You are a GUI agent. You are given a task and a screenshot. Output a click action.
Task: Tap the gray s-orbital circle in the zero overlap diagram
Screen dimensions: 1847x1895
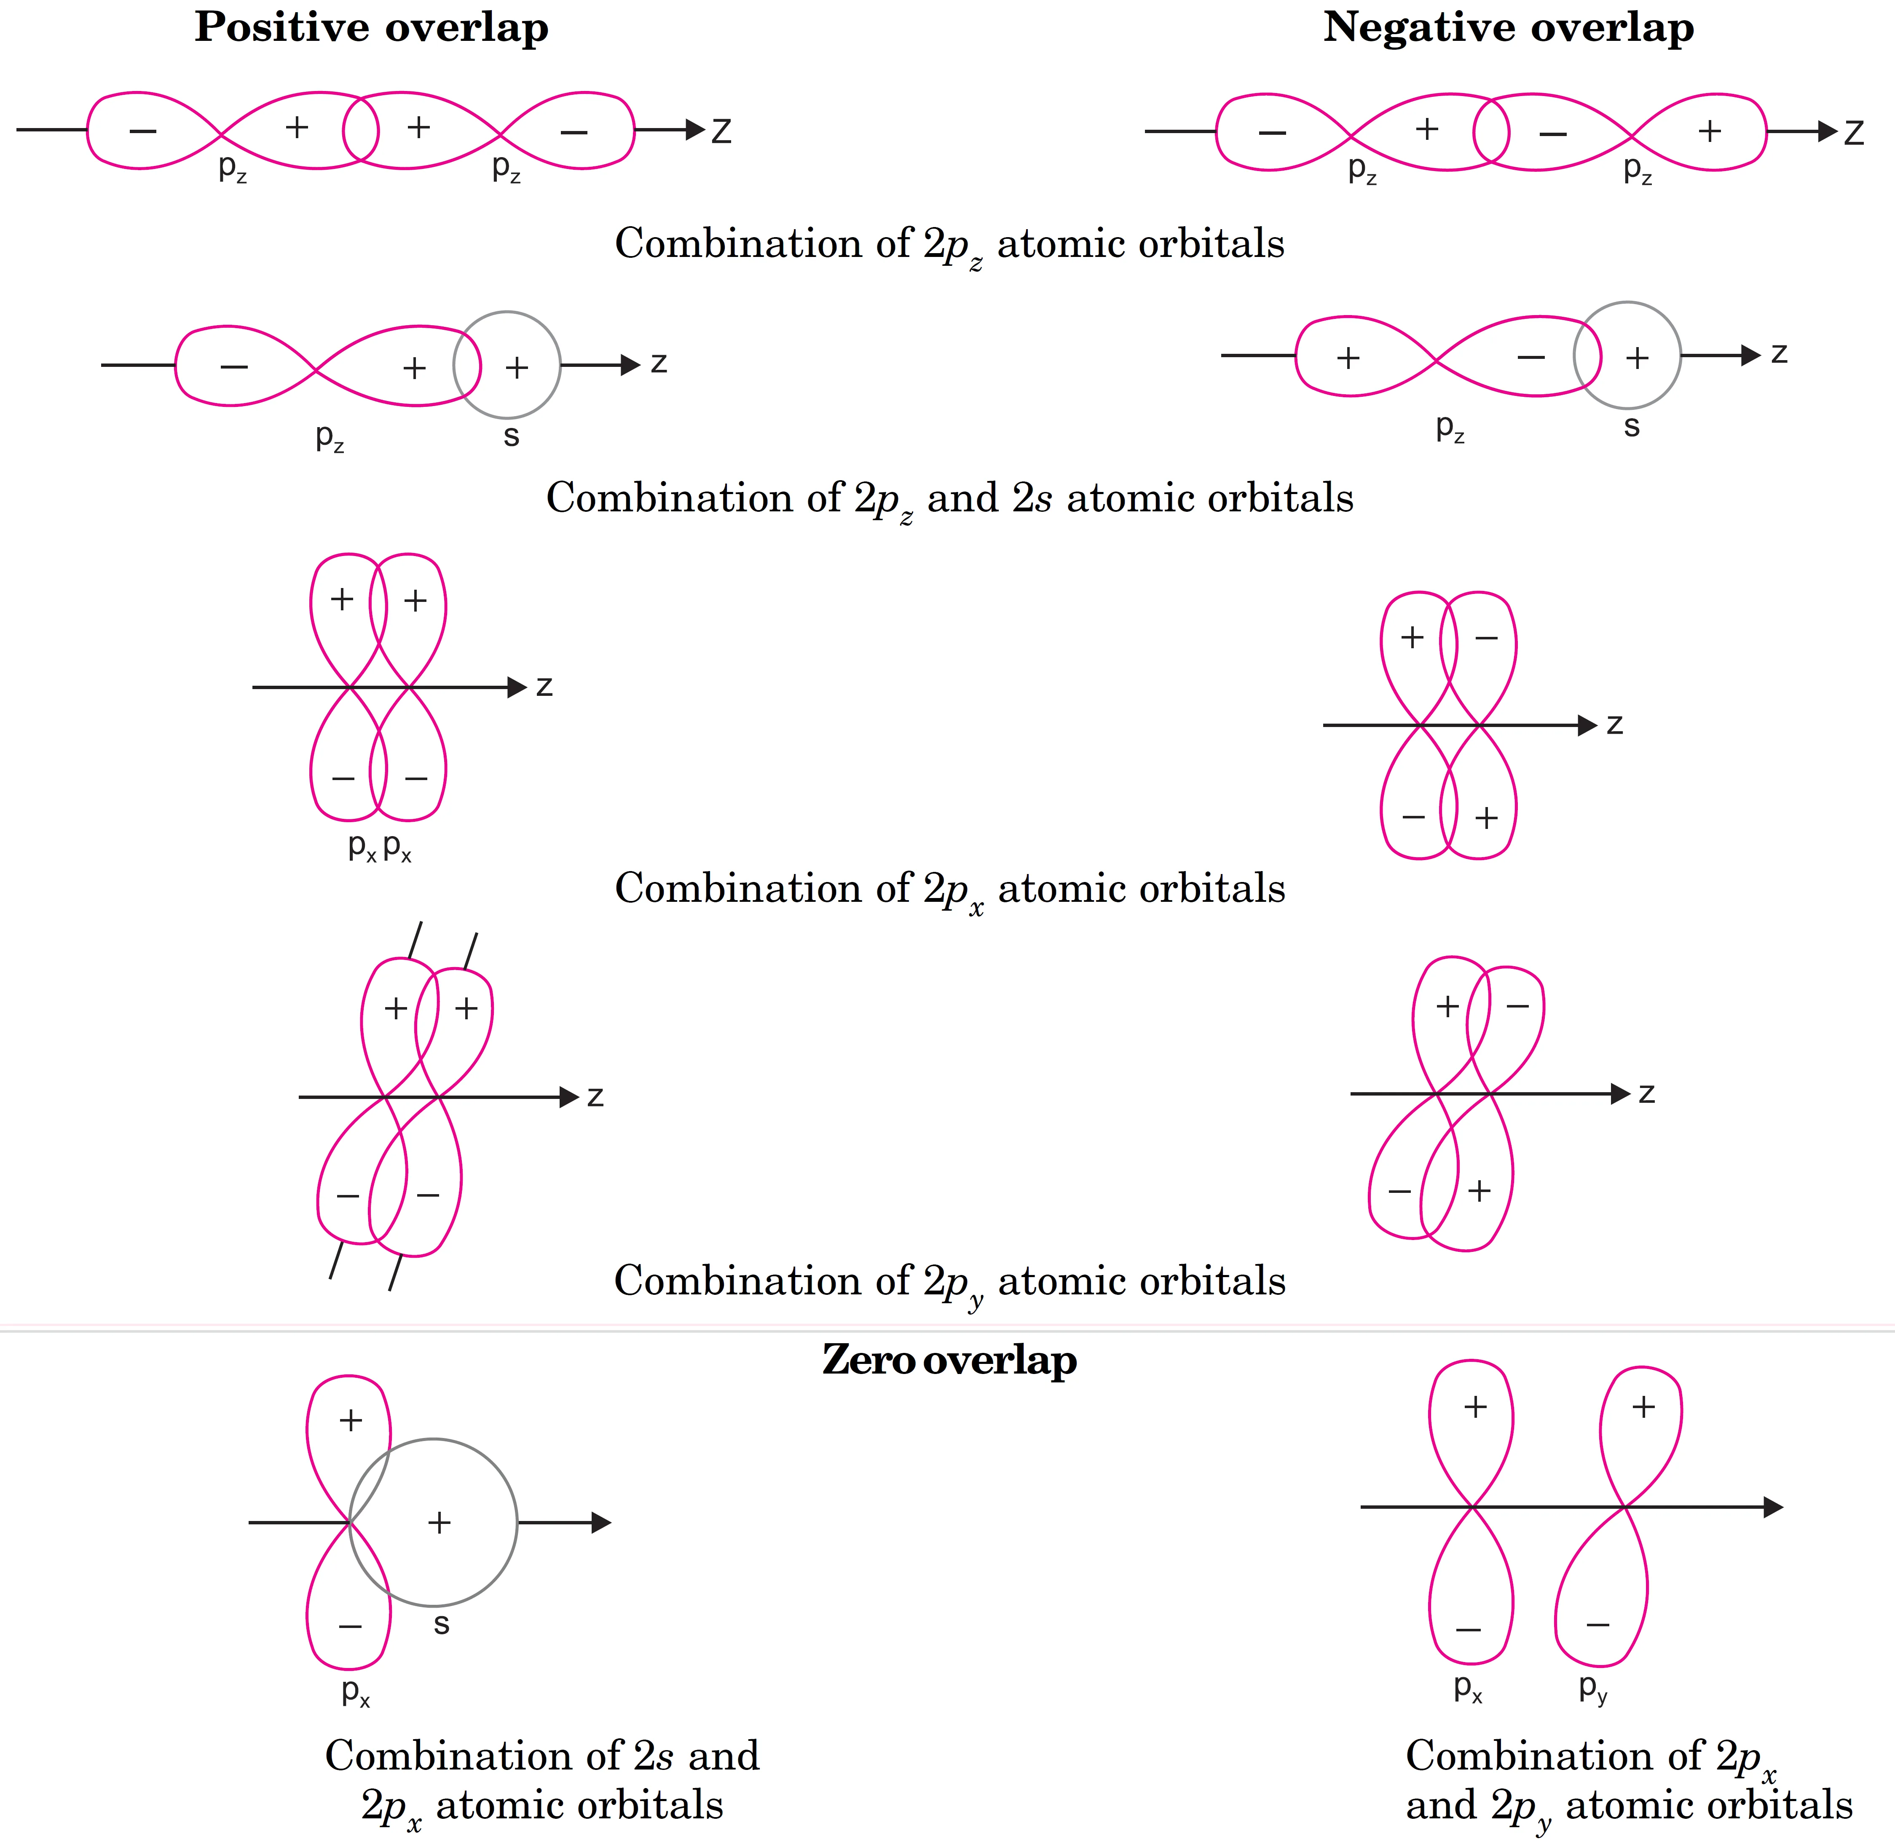tap(433, 1441)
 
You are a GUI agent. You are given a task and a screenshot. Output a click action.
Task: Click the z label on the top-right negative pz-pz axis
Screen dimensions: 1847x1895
tap(1854, 133)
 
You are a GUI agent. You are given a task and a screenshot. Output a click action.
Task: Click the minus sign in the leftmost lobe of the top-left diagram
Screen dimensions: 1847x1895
tap(142, 131)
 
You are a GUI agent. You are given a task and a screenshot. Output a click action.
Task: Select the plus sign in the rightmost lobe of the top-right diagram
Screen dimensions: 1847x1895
tap(1710, 130)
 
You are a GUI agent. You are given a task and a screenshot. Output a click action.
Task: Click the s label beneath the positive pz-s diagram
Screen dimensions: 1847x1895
tap(511, 436)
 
